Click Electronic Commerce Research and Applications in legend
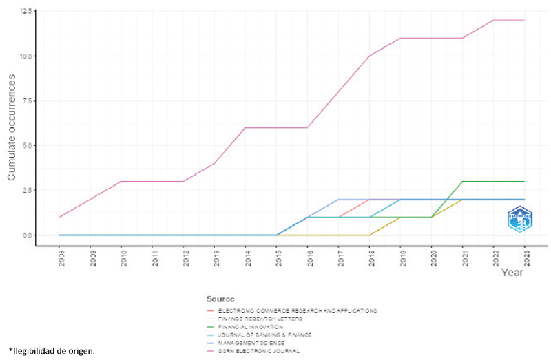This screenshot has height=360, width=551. tap(298, 310)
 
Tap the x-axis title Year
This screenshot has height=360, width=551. tap(512, 273)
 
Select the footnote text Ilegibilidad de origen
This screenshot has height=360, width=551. tap(52, 351)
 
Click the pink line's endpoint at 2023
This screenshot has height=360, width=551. tap(525, 20)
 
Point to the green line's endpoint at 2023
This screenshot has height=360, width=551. tap(525, 182)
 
